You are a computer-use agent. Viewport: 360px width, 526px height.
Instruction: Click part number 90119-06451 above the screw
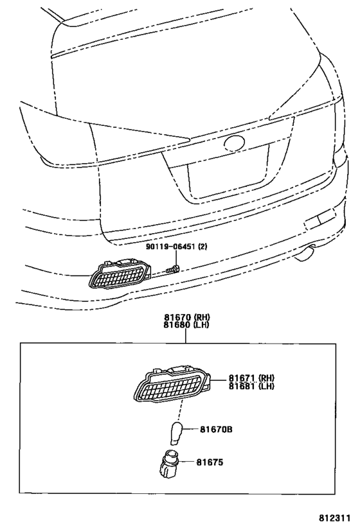point(171,247)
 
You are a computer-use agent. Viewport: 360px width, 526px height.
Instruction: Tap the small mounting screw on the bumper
point(173,268)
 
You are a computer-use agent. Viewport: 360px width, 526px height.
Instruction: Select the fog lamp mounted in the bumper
point(120,273)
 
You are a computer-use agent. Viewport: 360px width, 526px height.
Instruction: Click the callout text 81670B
point(216,429)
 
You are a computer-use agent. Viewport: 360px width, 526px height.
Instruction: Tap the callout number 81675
point(210,462)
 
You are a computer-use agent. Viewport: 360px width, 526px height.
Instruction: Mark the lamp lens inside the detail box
point(172,386)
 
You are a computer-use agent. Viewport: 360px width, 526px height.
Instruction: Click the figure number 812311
point(334,518)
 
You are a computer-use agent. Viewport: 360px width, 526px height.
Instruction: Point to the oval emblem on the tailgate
point(235,143)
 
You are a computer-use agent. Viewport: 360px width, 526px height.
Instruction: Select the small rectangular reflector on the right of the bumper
point(319,218)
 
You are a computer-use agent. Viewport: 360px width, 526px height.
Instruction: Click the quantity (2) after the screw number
point(202,247)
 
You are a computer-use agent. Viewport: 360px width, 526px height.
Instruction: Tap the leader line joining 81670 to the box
point(185,336)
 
